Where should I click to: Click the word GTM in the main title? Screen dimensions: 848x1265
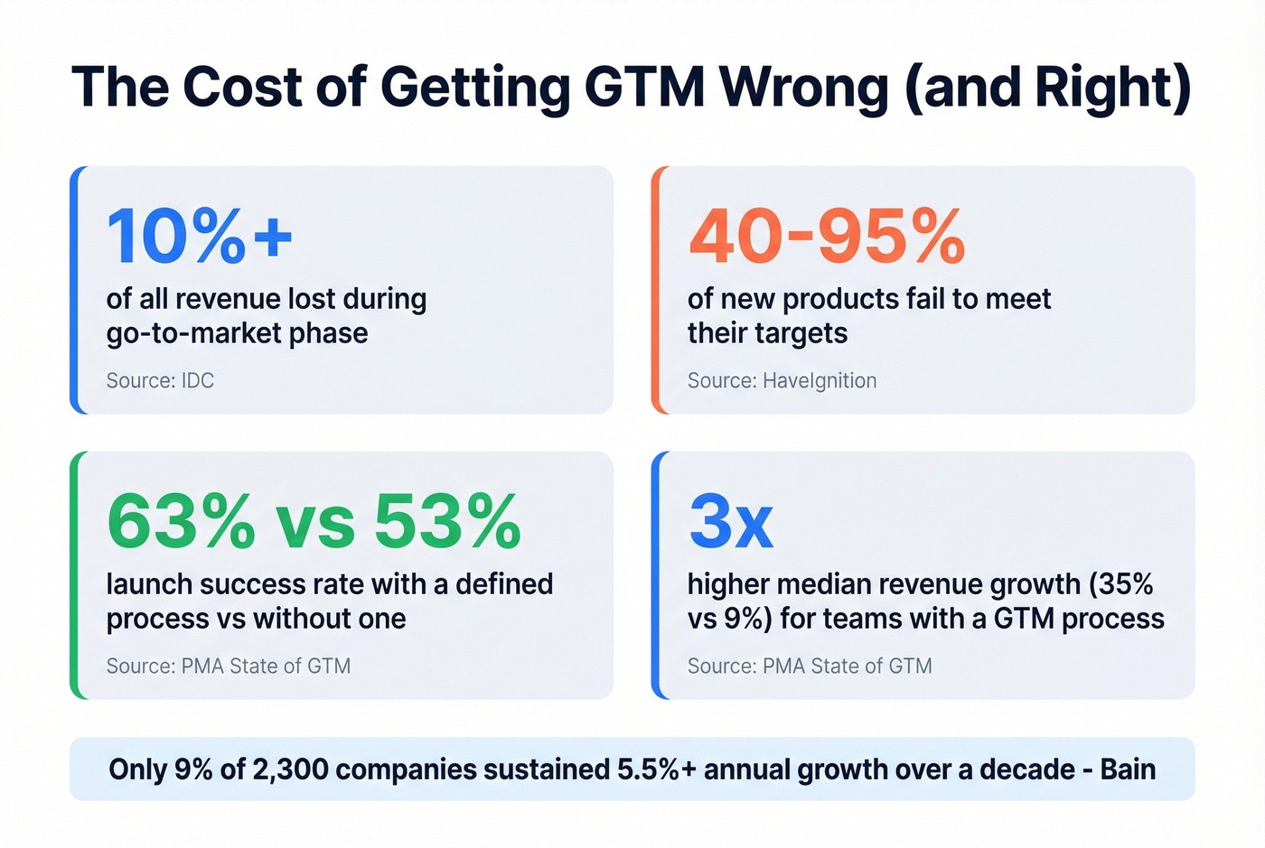click(643, 88)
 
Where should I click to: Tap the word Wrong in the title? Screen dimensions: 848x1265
click(804, 88)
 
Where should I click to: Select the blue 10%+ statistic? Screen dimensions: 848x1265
click(200, 237)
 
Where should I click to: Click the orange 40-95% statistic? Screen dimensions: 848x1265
click(826, 237)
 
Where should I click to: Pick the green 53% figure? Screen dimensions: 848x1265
click(447, 522)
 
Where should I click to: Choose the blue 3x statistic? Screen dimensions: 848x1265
click(730, 522)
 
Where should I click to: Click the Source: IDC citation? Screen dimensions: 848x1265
click(160, 380)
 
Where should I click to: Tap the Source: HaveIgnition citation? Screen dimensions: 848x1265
click(782, 380)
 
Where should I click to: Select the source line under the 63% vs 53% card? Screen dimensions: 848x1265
click(228, 666)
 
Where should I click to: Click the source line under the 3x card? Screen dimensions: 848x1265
click(809, 666)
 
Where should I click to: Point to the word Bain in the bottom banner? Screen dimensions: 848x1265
click(1128, 769)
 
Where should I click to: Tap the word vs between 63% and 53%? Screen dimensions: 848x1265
click(314, 522)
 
